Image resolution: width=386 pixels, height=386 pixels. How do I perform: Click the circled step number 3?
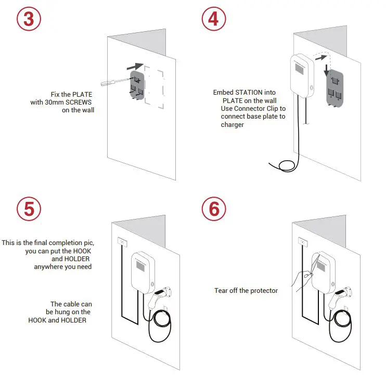click(29, 19)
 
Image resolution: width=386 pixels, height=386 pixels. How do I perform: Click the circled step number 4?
click(214, 19)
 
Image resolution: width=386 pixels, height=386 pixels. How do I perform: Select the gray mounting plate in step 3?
click(137, 85)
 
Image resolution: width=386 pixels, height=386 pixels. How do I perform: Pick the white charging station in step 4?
click(300, 75)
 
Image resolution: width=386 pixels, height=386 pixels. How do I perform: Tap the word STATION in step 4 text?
click(250, 93)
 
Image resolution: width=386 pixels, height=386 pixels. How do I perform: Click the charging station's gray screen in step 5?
click(141, 265)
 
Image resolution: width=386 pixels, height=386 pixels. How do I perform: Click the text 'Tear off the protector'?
click(246, 290)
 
